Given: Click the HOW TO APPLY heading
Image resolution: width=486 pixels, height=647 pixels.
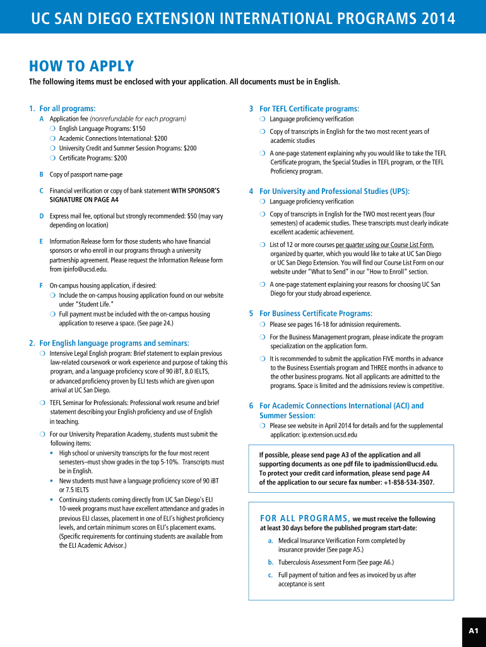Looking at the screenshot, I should (81, 66).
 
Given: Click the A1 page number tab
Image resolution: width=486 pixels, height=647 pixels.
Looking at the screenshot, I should (473, 631).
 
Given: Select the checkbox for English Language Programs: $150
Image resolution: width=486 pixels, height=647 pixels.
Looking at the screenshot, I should (53, 129).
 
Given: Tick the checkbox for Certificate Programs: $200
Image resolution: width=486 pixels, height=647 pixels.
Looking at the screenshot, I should (53, 158).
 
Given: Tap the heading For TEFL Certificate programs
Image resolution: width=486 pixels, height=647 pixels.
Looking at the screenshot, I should (309, 109).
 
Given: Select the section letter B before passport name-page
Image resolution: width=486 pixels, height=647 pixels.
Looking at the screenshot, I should (42, 174).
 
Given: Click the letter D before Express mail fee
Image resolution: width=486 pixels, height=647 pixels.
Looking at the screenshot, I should (42, 216).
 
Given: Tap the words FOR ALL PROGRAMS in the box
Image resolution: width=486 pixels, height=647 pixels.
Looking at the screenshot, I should (305, 519).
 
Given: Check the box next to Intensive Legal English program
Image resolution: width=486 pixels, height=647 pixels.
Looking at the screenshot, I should (42, 353).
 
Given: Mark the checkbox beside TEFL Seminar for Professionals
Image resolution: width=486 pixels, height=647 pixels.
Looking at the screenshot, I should (42, 402).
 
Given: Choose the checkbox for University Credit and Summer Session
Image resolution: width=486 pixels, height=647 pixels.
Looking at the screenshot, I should (53, 148).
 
